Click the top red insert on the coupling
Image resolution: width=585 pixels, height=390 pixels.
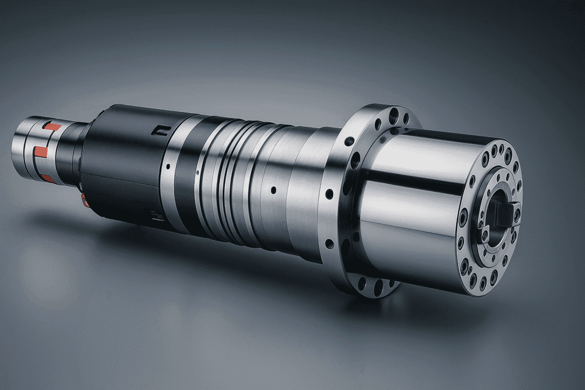tap(52, 126)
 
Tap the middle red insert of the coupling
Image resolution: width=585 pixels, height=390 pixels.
tap(41, 152)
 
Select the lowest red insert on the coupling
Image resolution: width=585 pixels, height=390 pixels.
tap(47, 178)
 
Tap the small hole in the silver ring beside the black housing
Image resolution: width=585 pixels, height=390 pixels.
tap(167, 167)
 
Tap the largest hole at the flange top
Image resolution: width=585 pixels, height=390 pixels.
tap(393, 116)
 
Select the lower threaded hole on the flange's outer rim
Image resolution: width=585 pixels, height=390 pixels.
tap(330, 244)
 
